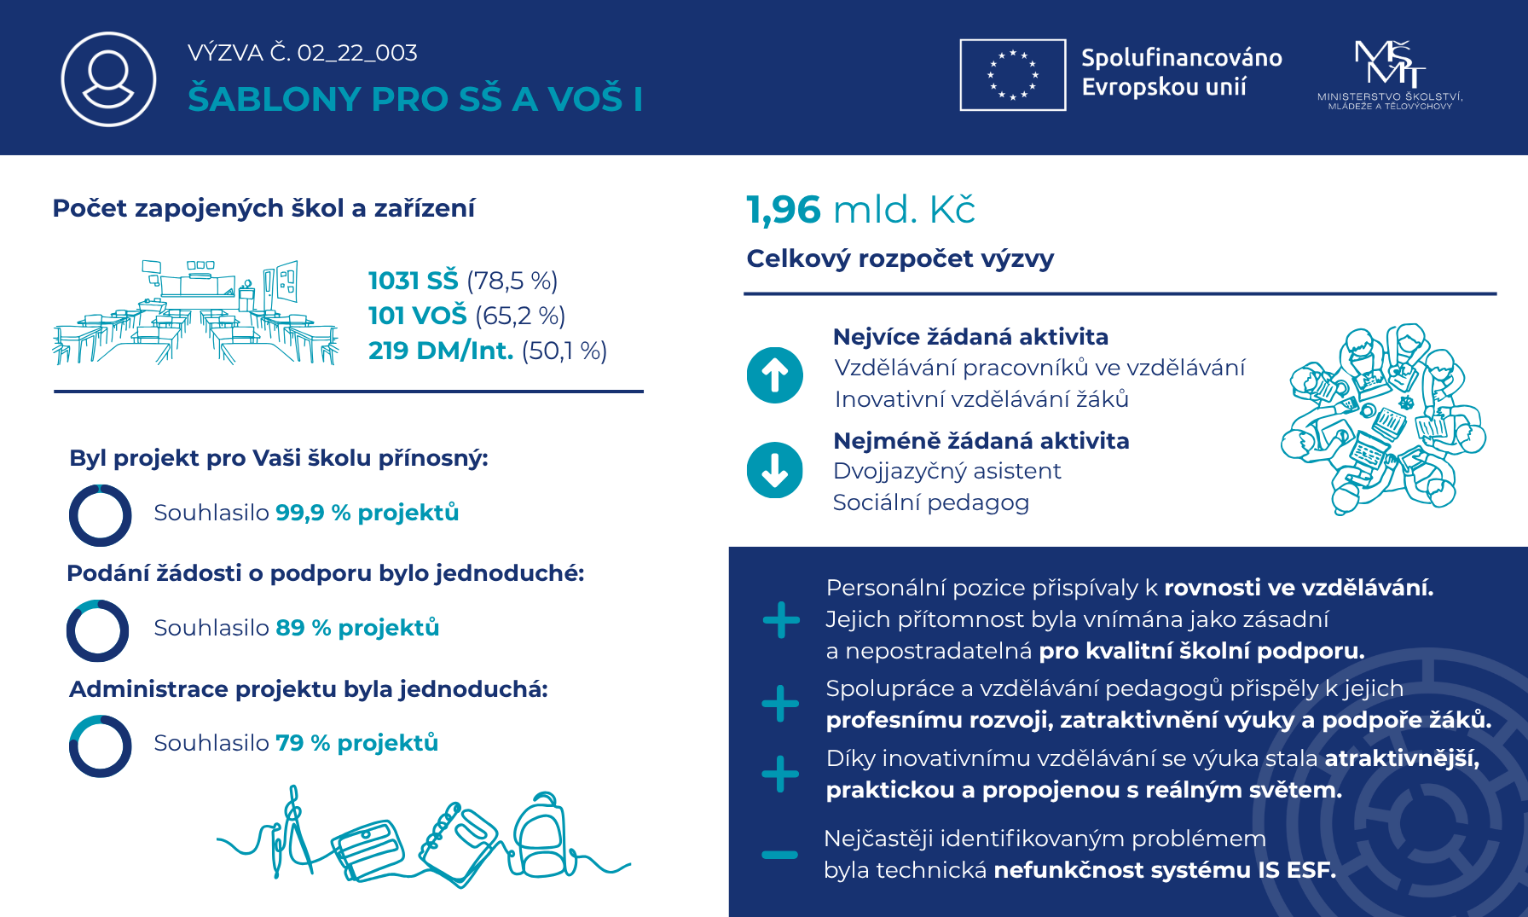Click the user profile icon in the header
coord(108,78)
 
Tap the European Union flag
coord(1012,75)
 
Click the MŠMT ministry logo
coord(1390,75)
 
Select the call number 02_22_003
coord(357,53)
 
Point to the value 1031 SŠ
coord(413,281)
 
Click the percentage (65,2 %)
coord(520,316)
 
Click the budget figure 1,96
coord(783,210)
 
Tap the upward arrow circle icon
coord(774,375)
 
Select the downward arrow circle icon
coord(774,470)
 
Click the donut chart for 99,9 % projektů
coord(101,515)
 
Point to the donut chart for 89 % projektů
coord(98,630)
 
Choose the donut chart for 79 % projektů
coord(101,746)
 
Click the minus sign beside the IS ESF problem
coord(779,854)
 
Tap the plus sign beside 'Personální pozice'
coord(781,620)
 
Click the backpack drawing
coord(539,836)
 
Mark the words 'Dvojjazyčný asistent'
coord(946,471)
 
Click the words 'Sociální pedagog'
coord(930,502)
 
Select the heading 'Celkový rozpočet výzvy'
coord(900,258)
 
